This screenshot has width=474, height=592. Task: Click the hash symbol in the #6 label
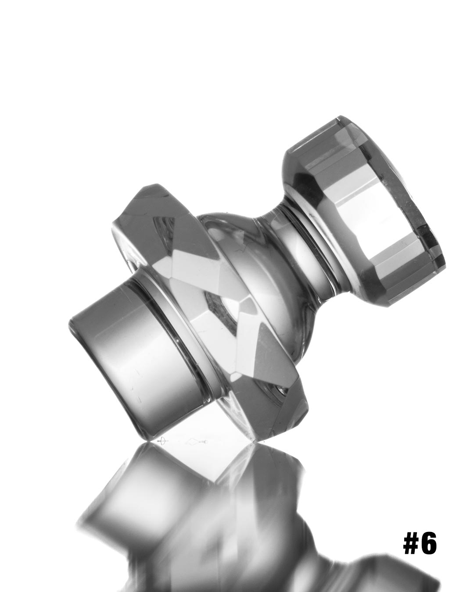412,544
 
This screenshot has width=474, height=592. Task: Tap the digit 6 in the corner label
429,544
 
